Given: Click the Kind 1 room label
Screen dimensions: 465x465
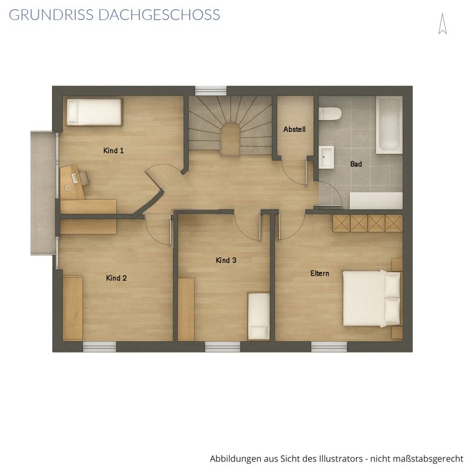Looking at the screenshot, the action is (x=113, y=151).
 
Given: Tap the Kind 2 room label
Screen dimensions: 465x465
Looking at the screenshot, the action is (x=116, y=278).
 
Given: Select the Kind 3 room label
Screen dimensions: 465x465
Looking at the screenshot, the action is (x=226, y=260).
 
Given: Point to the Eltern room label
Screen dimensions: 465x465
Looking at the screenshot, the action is (x=320, y=274).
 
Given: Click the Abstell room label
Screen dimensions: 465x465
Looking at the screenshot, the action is (x=294, y=130).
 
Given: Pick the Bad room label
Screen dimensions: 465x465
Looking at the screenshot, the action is (x=356, y=164).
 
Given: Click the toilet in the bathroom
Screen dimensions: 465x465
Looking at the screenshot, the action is (x=330, y=114).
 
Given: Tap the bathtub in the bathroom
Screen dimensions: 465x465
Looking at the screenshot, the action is (x=389, y=125).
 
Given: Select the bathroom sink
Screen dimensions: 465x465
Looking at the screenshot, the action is (x=326, y=157).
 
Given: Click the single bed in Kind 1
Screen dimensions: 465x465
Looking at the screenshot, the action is (x=94, y=112).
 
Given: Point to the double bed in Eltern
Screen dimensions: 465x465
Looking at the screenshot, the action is (x=372, y=298).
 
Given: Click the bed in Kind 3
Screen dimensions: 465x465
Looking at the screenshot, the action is (x=259, y=317).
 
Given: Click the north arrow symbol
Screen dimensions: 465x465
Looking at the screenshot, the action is (x=443, y=24).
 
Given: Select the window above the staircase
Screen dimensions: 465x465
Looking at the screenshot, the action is (x=211, y=91).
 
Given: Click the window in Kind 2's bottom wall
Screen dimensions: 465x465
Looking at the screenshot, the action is (x=99, y=347).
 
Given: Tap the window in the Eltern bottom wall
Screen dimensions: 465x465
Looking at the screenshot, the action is (x=329, y=347).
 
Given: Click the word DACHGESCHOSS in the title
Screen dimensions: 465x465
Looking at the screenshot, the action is (x=159, y=15).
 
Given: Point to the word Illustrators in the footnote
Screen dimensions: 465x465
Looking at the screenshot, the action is (x=340, y=458).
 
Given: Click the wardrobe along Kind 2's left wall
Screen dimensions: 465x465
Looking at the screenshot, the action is (x=73, y=308).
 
